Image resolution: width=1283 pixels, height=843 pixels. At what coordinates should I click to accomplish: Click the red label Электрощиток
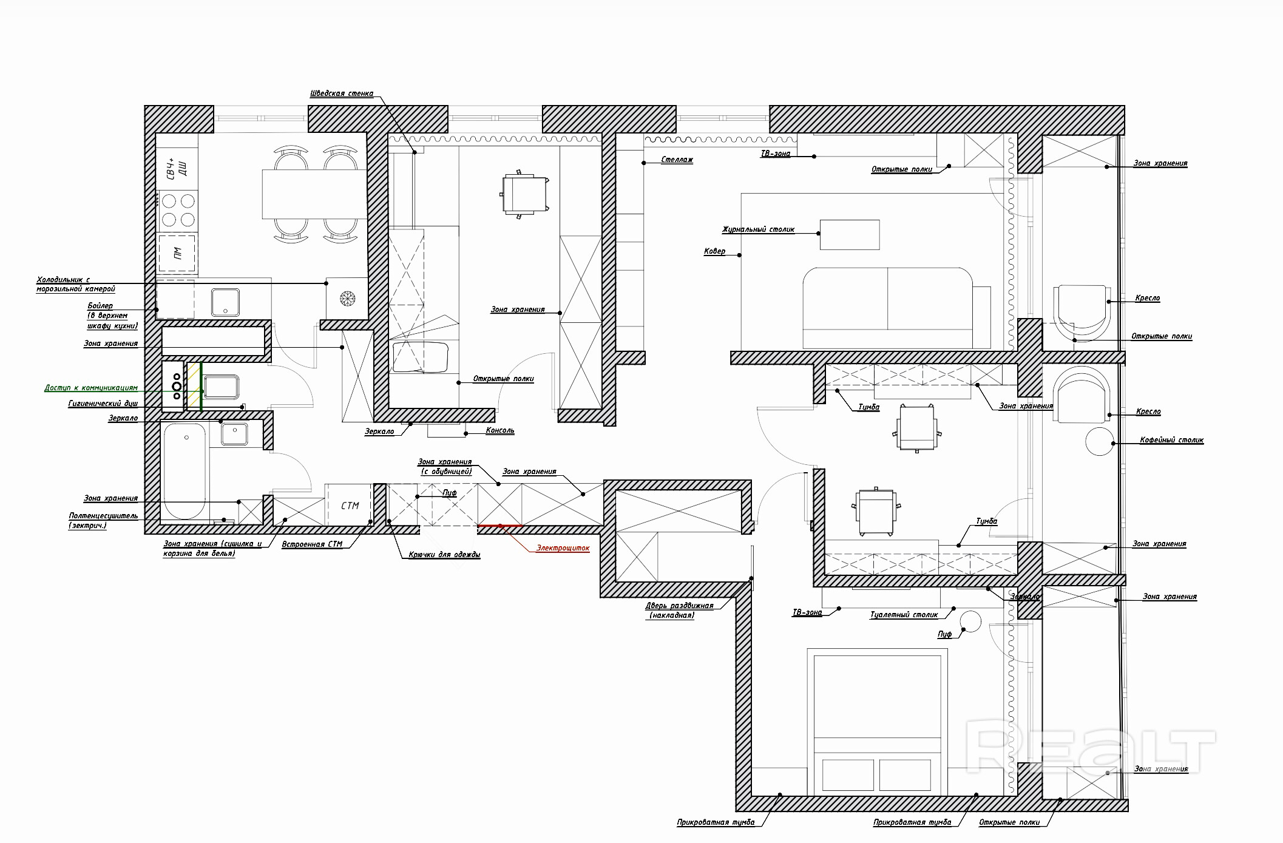(x=563, y=548)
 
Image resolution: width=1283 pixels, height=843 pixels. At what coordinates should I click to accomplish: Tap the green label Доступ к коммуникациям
(x=91, y=387)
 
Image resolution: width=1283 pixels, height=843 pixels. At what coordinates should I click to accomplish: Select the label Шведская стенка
(x=341, y=93)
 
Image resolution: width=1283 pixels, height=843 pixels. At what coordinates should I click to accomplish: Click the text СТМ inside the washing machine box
(x=350, y=506)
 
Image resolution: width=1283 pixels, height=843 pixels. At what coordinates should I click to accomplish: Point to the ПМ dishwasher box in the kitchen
(x=178, y=254)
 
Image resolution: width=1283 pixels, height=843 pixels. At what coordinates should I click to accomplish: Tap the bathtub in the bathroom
(x=185, y=471)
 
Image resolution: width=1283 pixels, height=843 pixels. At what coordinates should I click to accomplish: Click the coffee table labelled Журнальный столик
(x=850, y=235)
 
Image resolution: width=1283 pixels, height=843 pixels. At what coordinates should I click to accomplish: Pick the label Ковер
(x=714, y=251)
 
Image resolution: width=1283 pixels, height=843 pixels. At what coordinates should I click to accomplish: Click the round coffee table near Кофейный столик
(x=1099, y=441)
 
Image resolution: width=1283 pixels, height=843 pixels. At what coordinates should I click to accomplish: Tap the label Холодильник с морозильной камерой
(x=75, y=284)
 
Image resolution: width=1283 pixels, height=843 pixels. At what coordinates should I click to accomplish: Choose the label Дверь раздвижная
(x=679, y=606)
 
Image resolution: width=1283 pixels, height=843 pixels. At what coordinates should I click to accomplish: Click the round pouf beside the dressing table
(x=969, y=621)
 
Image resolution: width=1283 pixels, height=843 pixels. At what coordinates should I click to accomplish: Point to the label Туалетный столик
(x=904, y=615)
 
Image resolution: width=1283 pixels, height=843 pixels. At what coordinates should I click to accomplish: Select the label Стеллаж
(x=677, y=160)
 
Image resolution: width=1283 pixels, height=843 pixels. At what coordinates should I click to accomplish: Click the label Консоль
(x=500, y=430)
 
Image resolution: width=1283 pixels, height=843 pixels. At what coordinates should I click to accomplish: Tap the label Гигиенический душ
(x=103, y=403)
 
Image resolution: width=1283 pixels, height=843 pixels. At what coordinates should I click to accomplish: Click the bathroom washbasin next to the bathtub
(x=234, y=434)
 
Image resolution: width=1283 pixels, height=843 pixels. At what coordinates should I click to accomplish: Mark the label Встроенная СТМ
(x=312, y=544)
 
